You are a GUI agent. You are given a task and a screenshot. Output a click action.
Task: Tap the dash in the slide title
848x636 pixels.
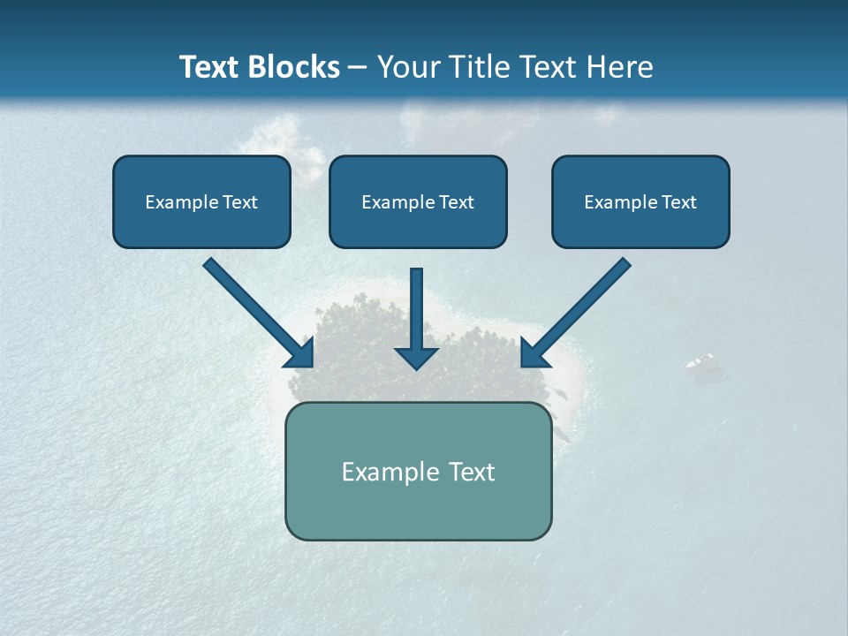pos(358,68)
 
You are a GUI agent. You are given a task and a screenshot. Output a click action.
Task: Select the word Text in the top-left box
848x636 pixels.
pos(240,202)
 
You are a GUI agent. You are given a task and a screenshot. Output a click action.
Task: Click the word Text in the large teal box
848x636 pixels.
pos(472,473)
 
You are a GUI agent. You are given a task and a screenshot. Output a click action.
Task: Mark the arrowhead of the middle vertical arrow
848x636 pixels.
pos(417,358)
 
